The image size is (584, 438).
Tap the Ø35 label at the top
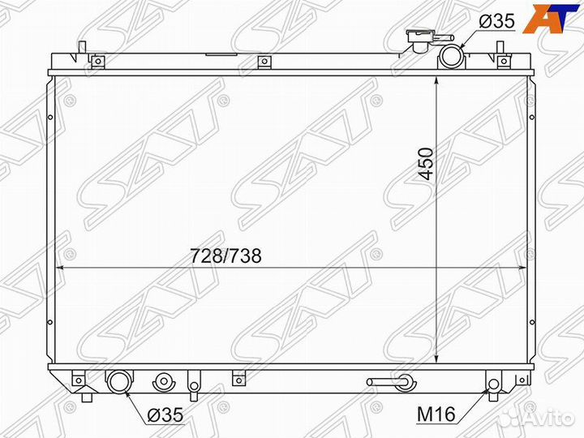(x=496, y=23)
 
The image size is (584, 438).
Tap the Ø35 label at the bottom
(x=165, y=415)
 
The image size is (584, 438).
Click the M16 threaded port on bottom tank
(x=493, y=384)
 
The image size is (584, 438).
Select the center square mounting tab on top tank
(x=263, y=62)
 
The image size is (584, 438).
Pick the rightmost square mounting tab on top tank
(x=504, y=62)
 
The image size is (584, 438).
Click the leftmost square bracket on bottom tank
(x=78, y=379)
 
